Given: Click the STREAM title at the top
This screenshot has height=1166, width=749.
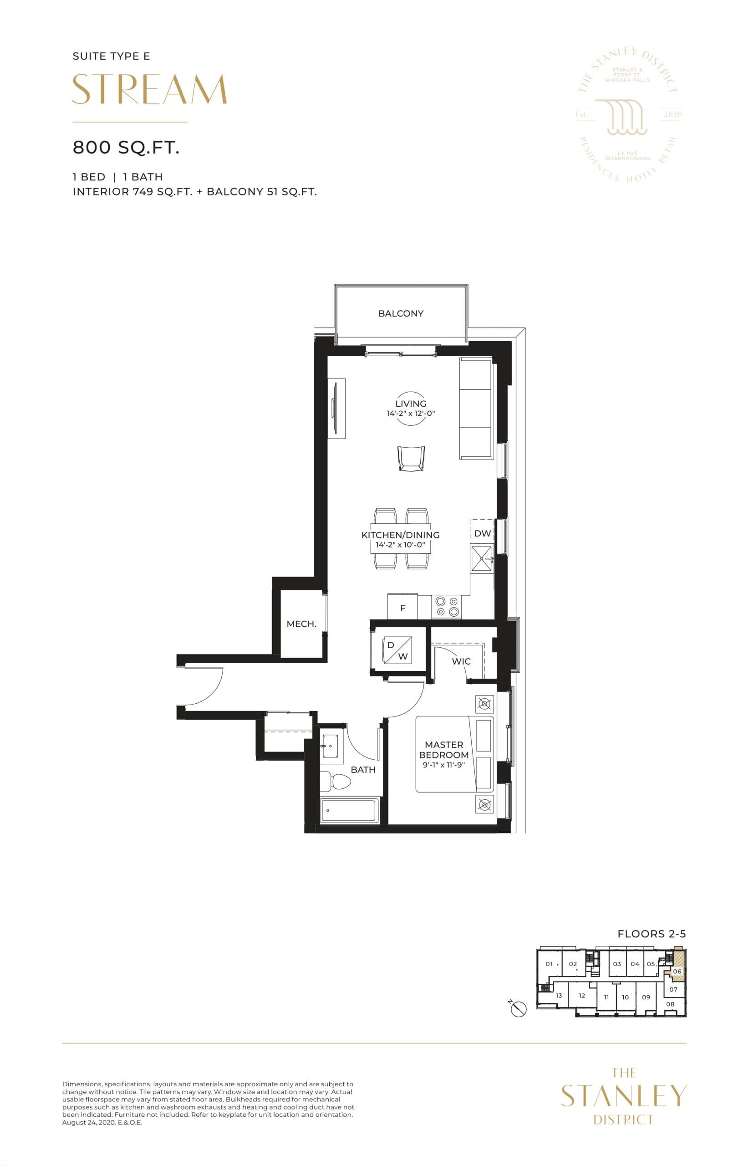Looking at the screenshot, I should [149, 90].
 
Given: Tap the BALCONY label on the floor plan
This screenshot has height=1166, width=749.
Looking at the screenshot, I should [401, 314].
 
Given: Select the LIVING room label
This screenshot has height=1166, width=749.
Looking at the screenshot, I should [411, 404].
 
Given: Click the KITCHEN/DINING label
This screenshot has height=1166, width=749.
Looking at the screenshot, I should [400, 535].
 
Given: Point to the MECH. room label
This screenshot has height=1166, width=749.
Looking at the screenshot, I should [301, 624].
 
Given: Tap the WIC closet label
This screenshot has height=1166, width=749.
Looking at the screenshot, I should [461, 661].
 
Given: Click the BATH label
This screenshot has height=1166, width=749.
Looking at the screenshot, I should [363, 770].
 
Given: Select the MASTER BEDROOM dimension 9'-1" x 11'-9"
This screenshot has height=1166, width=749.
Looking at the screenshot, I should [443, 765].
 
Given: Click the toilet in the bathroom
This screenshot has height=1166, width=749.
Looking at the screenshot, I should [336, 782].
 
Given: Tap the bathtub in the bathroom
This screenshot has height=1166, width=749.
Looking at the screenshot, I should [349, 810].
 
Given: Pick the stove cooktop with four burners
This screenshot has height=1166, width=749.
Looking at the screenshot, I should [447, 607].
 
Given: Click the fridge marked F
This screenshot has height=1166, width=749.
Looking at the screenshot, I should [402, 608].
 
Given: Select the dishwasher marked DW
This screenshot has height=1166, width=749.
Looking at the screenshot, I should [482, 534].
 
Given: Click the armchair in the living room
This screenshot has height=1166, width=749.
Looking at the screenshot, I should [411, 458].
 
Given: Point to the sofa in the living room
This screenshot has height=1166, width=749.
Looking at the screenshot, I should [476, 409].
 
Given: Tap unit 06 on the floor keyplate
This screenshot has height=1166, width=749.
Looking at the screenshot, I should [677, 972].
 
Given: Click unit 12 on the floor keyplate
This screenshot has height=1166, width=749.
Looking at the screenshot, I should [582, 996].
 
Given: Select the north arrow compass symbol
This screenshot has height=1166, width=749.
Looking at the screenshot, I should [519, 1009].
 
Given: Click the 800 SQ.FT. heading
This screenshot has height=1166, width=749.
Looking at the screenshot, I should [126, 148].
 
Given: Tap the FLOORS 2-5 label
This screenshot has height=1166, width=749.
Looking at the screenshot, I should [651, 934].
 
